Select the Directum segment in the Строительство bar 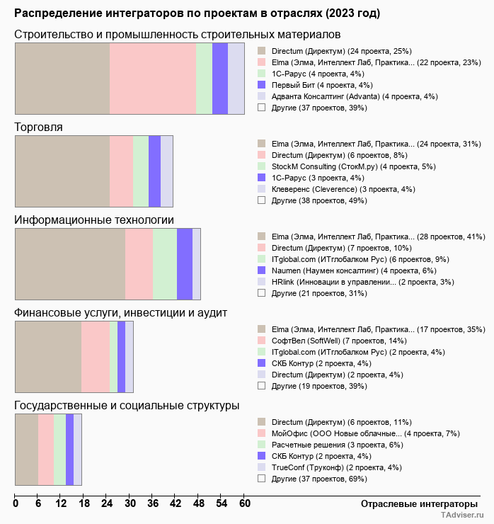click(x=62, y=78)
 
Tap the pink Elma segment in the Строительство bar click(x=153, y=78)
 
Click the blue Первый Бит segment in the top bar click(x=220, y=78)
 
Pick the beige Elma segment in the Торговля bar click(x=62, y=171)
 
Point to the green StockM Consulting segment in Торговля click(x=141, y=171)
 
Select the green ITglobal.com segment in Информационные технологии click(x=165, y=264)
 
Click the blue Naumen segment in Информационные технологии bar click(x=185, y=264)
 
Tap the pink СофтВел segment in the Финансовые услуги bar click(x=96, y=357)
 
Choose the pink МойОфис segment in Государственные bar click(x=46, y=450)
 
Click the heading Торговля click(x=39, y=127)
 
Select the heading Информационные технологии click(x=94, y=220)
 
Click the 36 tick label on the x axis click(x=153, y=504)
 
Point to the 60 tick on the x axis click(x=244, y=504)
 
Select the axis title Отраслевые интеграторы click(x=415, y=504)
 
